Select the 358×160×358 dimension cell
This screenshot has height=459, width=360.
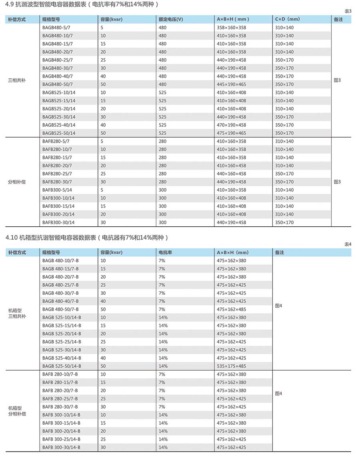231,28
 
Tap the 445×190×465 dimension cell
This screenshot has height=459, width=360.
231,84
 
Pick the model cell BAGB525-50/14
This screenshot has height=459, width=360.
59,133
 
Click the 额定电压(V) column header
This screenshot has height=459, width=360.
171,19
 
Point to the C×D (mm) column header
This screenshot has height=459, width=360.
287,19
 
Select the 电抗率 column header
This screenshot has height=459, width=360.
166,253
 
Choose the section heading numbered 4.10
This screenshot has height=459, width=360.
87,237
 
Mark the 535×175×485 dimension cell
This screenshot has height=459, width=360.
231,366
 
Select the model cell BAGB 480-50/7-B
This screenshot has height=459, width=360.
60,309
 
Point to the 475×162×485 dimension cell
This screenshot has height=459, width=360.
231,309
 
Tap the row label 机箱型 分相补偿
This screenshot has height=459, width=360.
17,411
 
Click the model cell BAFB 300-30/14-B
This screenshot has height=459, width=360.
61,447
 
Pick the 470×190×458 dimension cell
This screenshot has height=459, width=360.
231,125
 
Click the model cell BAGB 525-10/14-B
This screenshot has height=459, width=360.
62,317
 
